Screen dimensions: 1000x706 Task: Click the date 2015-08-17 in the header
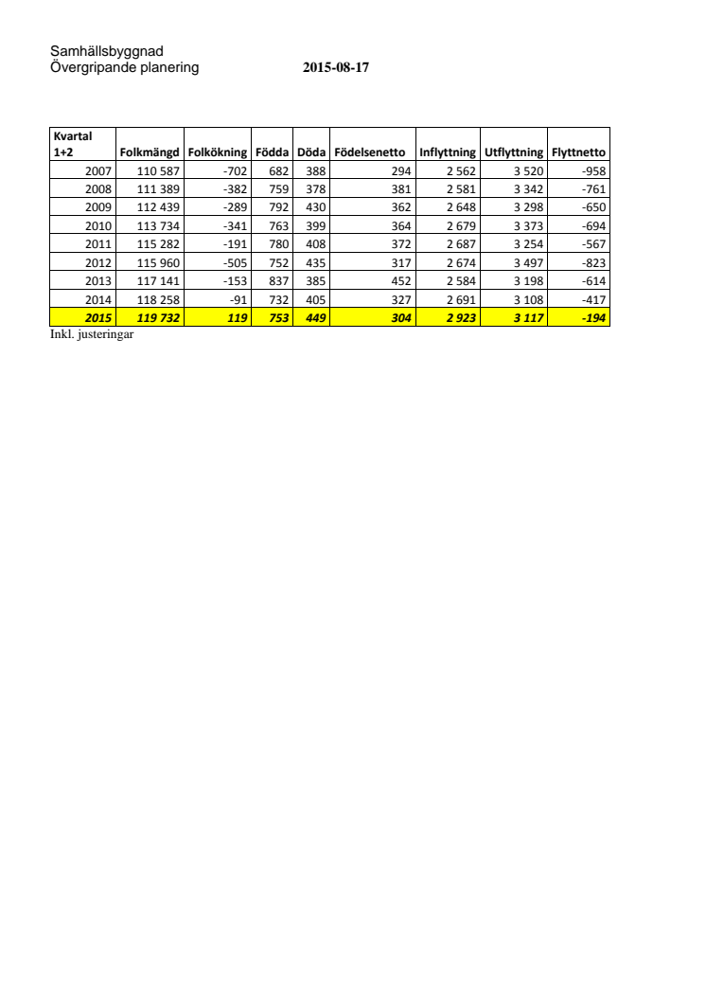point(335,68)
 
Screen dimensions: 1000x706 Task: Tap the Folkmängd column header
point(149,152)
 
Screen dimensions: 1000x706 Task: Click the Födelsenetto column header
point(370,152)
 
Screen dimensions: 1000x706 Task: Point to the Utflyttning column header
point(514,152)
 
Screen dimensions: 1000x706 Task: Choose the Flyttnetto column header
point(578,152)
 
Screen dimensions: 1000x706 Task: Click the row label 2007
point(98,170)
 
